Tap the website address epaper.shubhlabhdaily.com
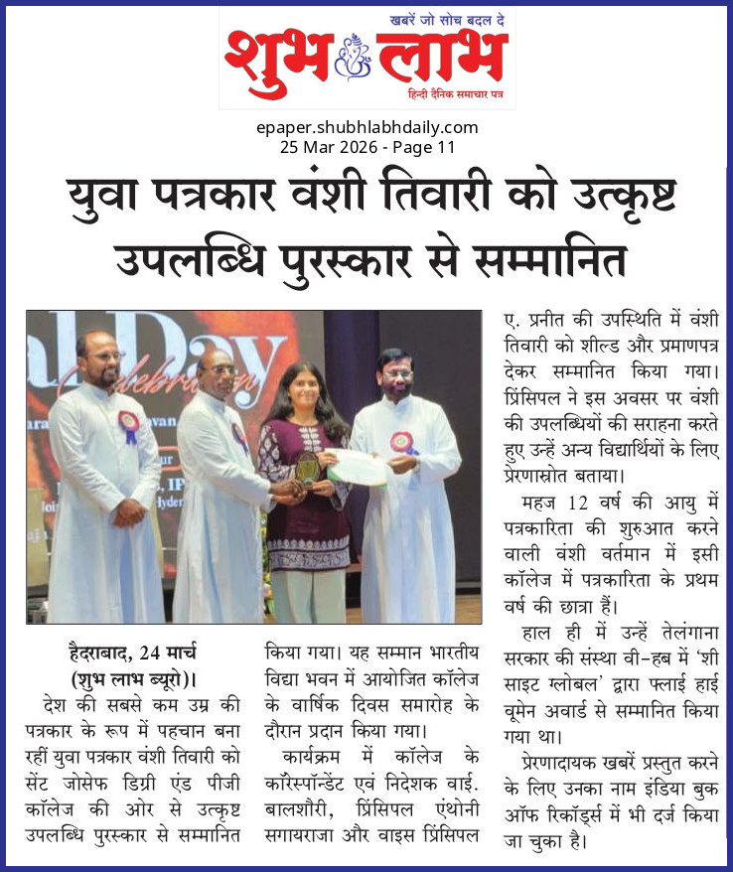[x=366, y=127]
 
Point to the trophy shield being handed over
[x=308, y=468]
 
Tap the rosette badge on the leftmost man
[x=128, y=426]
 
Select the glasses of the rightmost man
[x=395, y=374]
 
